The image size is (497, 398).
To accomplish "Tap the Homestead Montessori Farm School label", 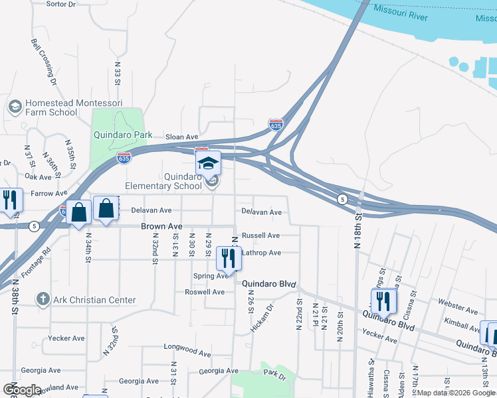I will coord(51,108).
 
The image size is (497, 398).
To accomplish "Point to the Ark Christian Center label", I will coord(94,300).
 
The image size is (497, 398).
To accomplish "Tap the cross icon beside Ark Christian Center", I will coord(43,299).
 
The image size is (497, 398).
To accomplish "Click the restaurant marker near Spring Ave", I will coord(229,259).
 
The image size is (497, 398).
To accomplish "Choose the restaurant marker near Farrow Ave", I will coord(9,200).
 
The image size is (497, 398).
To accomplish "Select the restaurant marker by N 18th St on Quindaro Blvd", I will coord(383,302).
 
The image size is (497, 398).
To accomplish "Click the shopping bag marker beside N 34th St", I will coord(78,213).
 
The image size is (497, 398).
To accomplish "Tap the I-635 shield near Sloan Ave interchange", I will coord(276,124).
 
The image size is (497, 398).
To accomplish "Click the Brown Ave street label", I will coord(161,227).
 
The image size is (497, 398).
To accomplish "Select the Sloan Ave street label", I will coord(181,137).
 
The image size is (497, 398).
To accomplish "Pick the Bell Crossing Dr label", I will coord(44,62).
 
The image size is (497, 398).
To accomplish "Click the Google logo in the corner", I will coord(21,389).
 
